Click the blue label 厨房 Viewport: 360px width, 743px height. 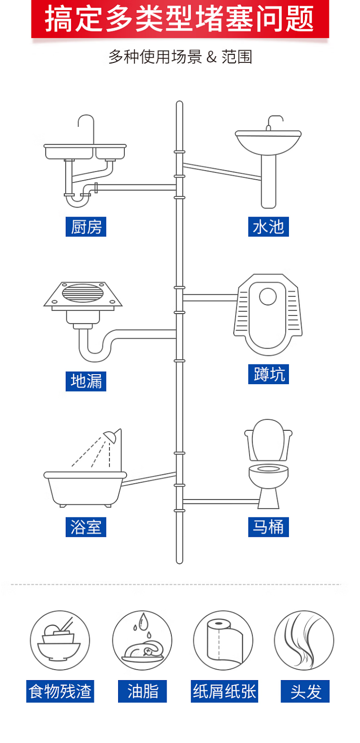pyautogui.click(x=86, y=227)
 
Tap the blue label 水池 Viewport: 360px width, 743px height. pyautogui.click(x=269, y=227)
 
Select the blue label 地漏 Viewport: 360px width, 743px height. pyautogui.click(x=86, y=381)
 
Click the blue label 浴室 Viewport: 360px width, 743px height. pyautogui.click(x=86, y=527)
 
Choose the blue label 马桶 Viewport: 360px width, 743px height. pyautogui.click(x=269, y=527)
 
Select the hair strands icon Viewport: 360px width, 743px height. pyautogui.click(x=304, y=640)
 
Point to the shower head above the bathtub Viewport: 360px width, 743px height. pyautogui.click(x=111, y=436)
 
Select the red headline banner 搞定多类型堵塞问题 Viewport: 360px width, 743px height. pyautogui.click(x=180, y=19)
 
